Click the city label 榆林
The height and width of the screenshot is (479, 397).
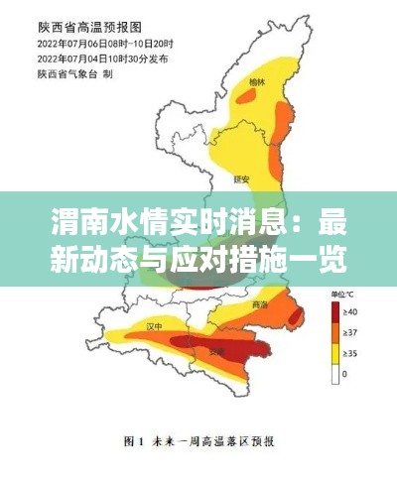[258, 83]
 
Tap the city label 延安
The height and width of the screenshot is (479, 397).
[237, 180]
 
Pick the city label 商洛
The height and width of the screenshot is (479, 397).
[261, 303]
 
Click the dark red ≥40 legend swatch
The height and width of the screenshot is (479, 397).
[335, 314]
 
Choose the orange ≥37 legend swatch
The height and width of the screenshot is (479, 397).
[335, 334]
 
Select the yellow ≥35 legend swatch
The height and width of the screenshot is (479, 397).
[335, 354]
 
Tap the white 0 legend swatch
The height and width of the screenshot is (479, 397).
[335, 374]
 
